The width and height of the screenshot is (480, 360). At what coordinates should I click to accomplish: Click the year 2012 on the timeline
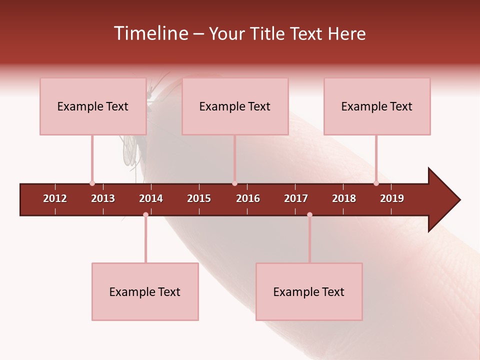(x=55, y=198)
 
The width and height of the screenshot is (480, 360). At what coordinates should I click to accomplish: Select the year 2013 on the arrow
(x=103, y=198)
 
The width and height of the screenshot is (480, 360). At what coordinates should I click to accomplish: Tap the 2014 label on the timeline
(x=151, y=198)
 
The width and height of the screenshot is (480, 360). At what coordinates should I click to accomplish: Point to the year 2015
(x=199, y=198)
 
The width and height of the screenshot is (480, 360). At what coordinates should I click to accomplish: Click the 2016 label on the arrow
(x=248, y=198)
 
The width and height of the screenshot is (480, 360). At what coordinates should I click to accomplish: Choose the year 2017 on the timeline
(x=296, y=198)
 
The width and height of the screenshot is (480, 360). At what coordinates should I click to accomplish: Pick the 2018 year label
(x=344, y=198)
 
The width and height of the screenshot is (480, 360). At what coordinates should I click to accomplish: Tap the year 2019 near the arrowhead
(x=392, y=198)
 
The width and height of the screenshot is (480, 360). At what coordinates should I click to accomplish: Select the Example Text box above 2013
(x=93, y=106)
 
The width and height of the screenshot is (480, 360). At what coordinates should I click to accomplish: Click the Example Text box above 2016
(x=235, y=106)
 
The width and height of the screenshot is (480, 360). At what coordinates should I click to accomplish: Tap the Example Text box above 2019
(x=377, y=106)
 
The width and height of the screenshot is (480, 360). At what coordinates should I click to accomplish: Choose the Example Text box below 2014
(x=145, y=292)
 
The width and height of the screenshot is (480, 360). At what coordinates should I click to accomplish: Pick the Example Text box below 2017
(x=309, y=292)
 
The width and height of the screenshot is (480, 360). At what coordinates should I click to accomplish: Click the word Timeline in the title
(x=150, y=33)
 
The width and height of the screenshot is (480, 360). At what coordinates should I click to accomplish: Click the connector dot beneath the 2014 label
(x=145, y=214)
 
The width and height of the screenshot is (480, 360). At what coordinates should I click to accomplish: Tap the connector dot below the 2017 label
(x=309, y=214)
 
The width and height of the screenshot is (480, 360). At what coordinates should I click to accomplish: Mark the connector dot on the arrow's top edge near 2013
(x=92, y=183)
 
